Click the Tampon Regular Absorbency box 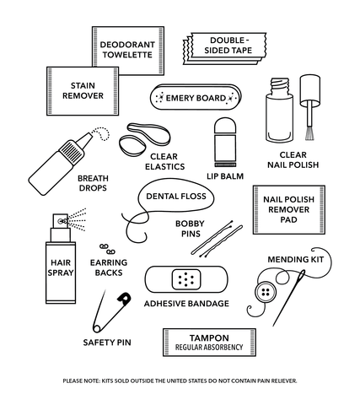[x=208, y=342]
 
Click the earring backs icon [x=106, y=247]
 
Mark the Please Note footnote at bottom [x=180, y=381]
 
